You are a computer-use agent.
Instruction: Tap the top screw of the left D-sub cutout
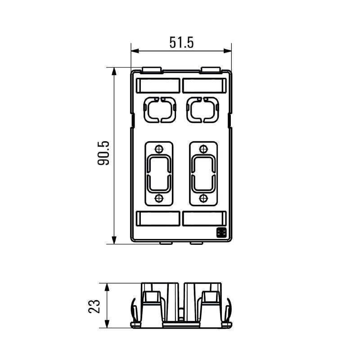pos(158,149)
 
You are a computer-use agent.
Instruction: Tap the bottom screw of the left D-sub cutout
pos(158,198)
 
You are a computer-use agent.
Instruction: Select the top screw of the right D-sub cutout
pos(204,149)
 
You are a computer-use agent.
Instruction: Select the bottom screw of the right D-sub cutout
pos(204,198)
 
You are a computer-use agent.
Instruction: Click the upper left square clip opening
pos(158,110)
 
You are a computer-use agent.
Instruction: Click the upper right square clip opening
pos(202,110)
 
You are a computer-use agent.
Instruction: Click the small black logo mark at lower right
pos(221,233)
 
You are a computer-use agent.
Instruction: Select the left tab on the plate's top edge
pos(152,70)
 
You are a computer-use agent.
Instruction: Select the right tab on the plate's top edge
pos(210,70)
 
